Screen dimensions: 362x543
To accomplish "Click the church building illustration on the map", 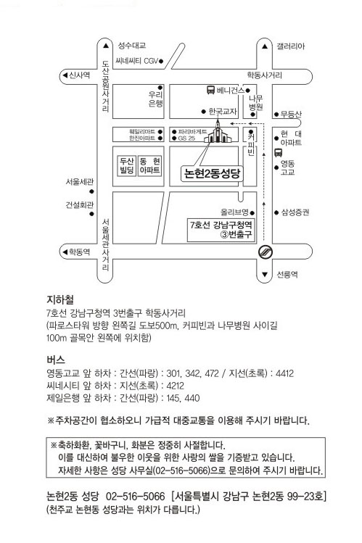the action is [x=218, y=132].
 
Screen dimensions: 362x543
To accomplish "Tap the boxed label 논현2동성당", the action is [x=212, y=173].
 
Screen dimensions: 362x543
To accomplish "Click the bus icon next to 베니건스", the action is [x=210, y=90].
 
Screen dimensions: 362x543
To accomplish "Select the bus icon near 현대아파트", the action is [x=278, y=152].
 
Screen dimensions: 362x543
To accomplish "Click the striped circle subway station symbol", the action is [x=266, y=252].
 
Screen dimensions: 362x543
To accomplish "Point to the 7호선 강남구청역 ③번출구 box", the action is [x=221, y=230].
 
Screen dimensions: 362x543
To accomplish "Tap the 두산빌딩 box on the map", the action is [x=127, y=165].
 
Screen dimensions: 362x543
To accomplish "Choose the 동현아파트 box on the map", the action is [x=150, y=165].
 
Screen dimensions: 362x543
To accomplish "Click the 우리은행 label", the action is [x=155, y=99].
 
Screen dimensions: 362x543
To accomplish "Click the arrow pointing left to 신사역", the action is [x=65, y=75].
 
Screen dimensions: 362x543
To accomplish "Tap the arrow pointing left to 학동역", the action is [x=65, y=252].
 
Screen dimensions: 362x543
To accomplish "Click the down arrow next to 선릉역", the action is [x=265, y=275].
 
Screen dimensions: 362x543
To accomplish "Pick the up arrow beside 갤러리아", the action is [x=265, y=46].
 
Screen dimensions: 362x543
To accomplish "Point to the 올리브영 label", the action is [x=234, y=212].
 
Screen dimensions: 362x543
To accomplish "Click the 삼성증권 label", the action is [x=295, y=212].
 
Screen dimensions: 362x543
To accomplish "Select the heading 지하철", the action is [x=60, y=299].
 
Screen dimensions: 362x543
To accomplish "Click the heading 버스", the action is [x=55, y=360].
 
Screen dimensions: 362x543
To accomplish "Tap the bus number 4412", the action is [x=285, y=373].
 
